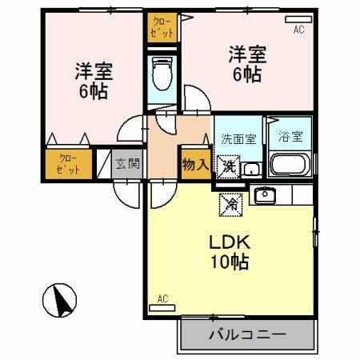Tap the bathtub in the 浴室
coord(287,166)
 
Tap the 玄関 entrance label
coord(127,164)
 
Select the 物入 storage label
coord(195,165)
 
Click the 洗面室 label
coord(238,137)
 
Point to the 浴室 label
coord(290,137)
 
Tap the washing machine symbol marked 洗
coord(229,166)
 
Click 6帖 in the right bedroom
coord(246,74)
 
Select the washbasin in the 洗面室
coord(250,168)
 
